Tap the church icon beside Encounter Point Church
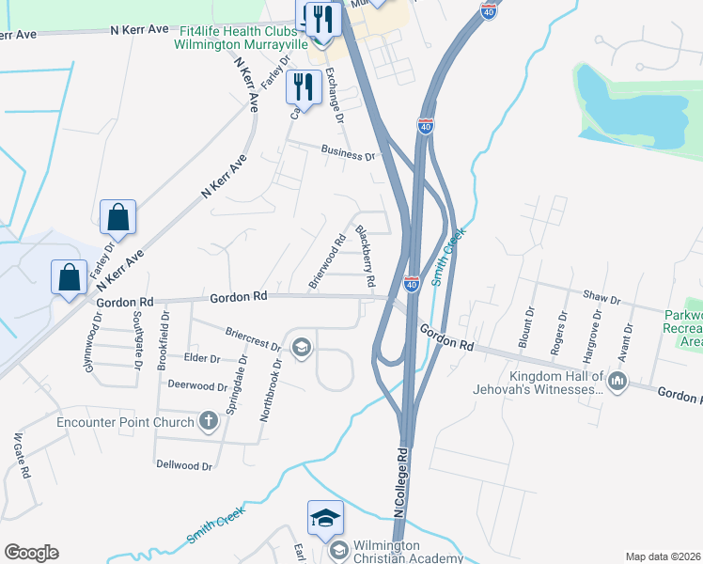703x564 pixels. coord(208,422)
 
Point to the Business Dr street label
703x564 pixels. coord(348,153)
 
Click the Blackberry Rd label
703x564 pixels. coord(365,256)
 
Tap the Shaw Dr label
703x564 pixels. coord(602,299)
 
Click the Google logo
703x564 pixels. coord(31,553)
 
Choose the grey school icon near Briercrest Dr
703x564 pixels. coord(301,349)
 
